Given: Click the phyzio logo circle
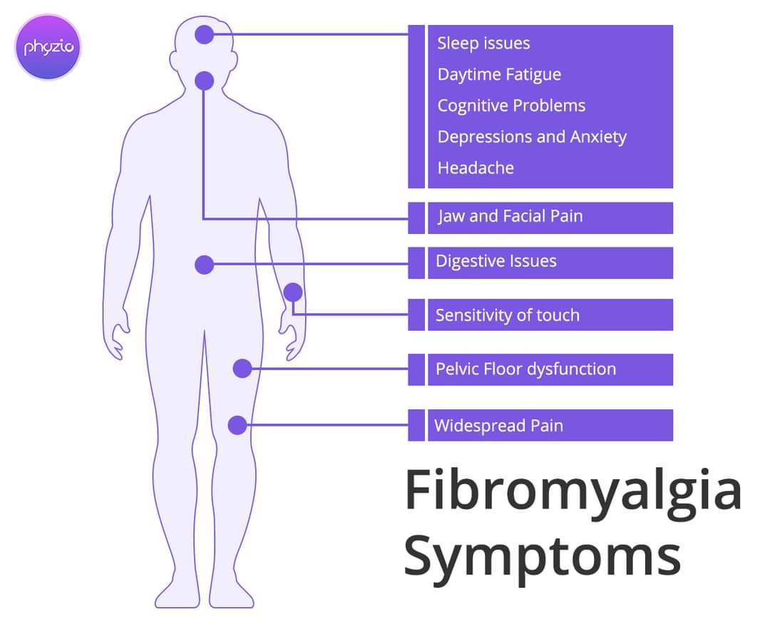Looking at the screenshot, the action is (48, 48).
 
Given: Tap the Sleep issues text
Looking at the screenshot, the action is (483, 44).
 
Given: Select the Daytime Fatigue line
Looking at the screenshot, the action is (499, 75).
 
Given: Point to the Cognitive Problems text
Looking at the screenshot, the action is (511, 106).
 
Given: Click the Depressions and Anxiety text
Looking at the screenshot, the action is (532, 137).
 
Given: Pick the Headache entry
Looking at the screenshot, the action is (476, 168).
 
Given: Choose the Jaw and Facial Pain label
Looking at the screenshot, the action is (510, 216).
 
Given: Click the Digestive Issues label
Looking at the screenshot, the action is (496, 262).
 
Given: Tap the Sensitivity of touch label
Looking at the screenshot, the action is (507, 315).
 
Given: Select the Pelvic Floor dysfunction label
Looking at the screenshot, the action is (525, 369).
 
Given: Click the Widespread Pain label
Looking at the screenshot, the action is (498, 426).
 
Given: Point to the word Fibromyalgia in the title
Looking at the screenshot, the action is (573, 491).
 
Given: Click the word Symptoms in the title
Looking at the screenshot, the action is (542, 558).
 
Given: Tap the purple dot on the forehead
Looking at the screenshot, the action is (205, 34).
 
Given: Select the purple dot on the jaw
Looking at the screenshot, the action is (205, 81).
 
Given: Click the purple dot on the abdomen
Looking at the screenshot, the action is (205, 265).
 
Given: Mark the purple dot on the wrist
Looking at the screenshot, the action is (292, 292).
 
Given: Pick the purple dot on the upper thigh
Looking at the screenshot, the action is (242, 369).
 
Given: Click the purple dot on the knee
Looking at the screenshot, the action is (237, 425).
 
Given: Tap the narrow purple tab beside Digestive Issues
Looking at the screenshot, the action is (416, 262).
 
